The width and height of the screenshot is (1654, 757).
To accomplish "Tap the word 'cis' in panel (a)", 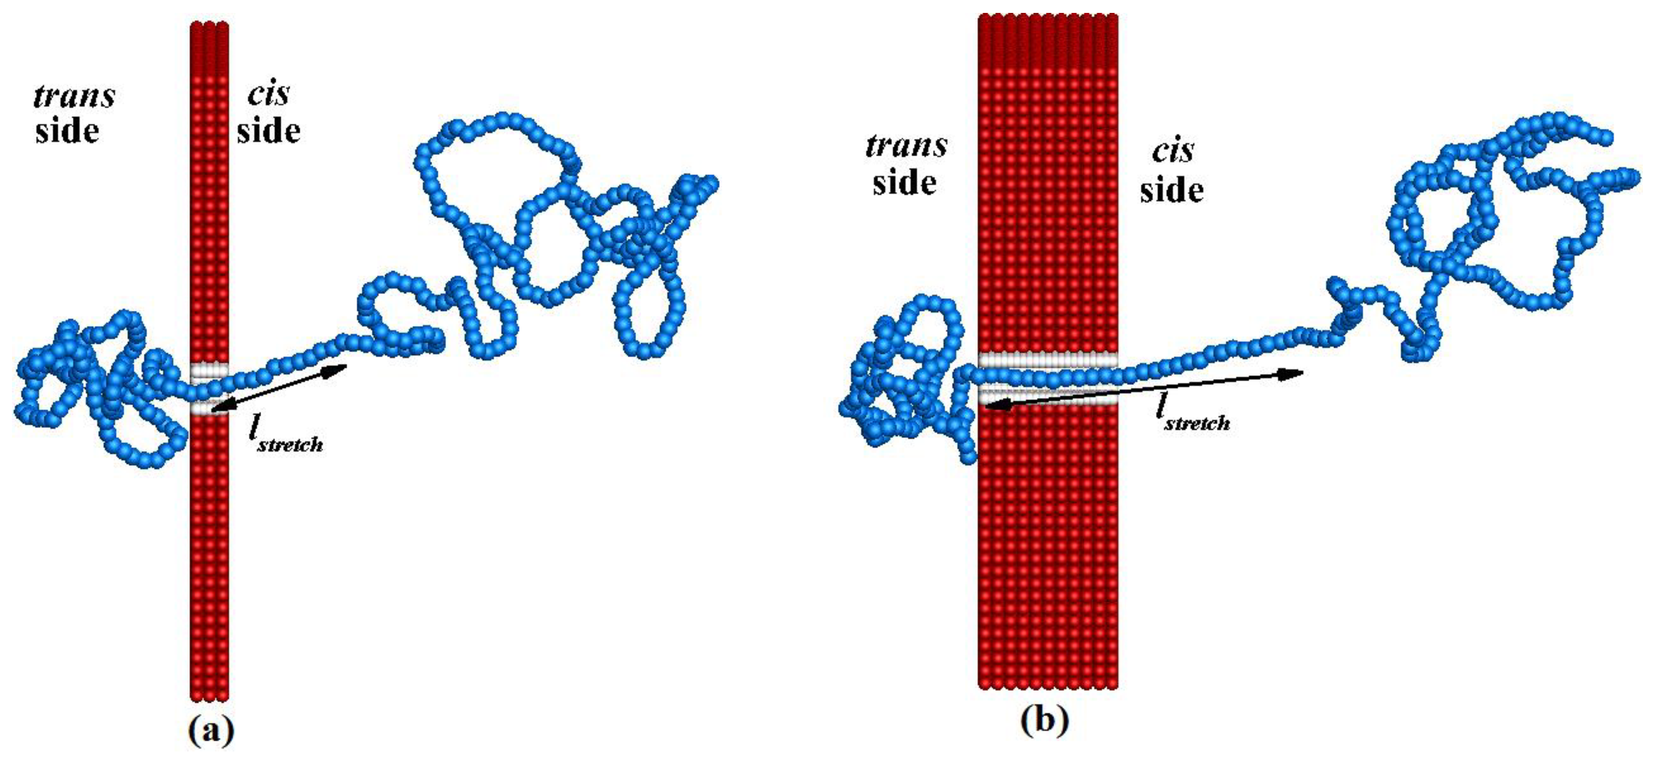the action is tap(269, 95).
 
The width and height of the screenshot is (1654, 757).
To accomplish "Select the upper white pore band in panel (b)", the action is tap(1048, 361).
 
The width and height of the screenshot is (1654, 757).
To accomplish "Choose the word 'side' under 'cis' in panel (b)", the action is tap(1172, 190).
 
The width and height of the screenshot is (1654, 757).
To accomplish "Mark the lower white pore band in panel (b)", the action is tap(1048, 396).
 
